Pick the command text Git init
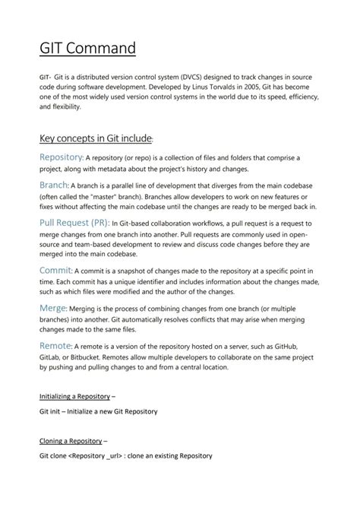52,411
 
